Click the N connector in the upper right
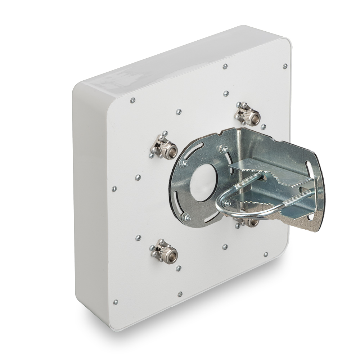point(247,114)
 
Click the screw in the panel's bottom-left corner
point(115,302)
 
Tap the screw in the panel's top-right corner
point(285,66)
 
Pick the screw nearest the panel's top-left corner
point(132,100)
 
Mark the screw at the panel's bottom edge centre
point(180,294)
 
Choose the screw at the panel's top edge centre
point(225,66)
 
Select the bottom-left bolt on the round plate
point(185,217)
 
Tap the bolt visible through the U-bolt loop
point(228,203)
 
